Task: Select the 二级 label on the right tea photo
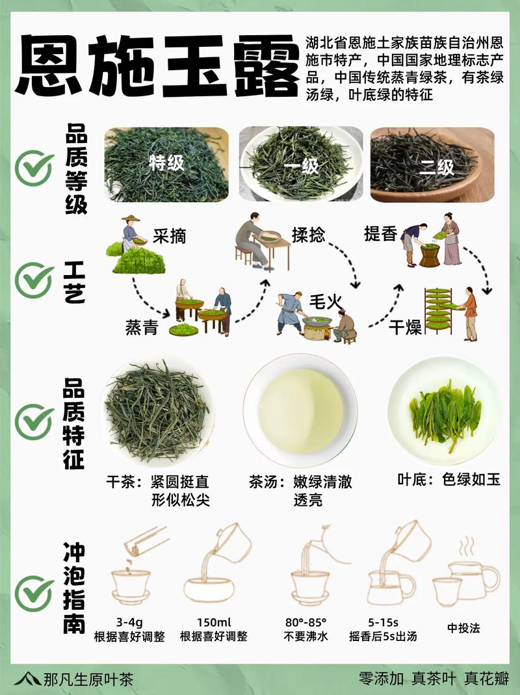click(x=436, y=167)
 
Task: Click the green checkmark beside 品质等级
click(x=34, y=167)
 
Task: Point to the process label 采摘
click(x=169, y=235)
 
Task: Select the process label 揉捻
click(x=308, y=235)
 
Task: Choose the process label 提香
click(x=380, y=234)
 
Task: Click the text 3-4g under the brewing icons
click(x=126, y=622)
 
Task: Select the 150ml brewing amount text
click(x=213, y=622)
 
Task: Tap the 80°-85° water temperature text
click(x=305, y=622)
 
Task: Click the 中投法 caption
click(x=463, y=628)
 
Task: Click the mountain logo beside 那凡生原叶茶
click(x=27, y=679)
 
